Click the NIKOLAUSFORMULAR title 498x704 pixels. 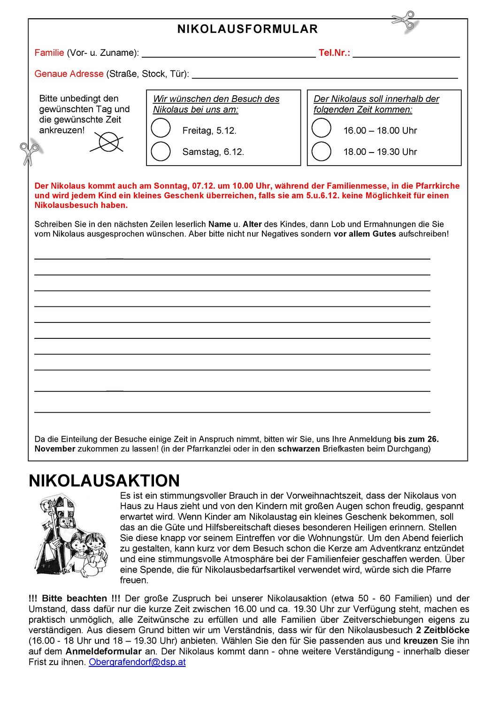pyautogui.click(x=247, y=29)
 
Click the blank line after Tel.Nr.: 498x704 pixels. pyautogui.click(x=406, y=54)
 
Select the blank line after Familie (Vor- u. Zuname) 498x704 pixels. pyautogui.click(x=229, y=54)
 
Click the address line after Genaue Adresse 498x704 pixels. pyautogui.click(x=324, y=75)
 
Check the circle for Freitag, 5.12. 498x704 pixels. pyautogui.click(x=161, y=128)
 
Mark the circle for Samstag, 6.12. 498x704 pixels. pyautogui.click(x=161, y=151)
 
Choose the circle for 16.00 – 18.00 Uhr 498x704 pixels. pyautogui.click(x=322, y=128)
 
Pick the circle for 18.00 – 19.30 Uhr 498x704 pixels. pyautogui.click(x=322, y=151)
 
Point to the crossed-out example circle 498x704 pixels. pyautogui.click(x=108, y=142)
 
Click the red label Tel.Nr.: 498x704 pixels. pyautogui.click(x=334, y=53)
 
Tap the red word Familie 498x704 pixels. pyautogui.click(x=49, y=53)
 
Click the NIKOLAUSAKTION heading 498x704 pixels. pyautogui.click(x=104, y=481)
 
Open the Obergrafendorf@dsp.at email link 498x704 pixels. pyautogui.click(x=137, y=662)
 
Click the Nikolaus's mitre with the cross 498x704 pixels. pyautogui.click(x=65, y=506)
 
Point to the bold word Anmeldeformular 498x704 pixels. pyautogui.click(x=103, y=651)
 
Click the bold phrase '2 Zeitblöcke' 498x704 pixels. pyautogui.click(x=442, y=630)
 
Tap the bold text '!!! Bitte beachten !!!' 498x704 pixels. pyautogui.click(x=74, y=598)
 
